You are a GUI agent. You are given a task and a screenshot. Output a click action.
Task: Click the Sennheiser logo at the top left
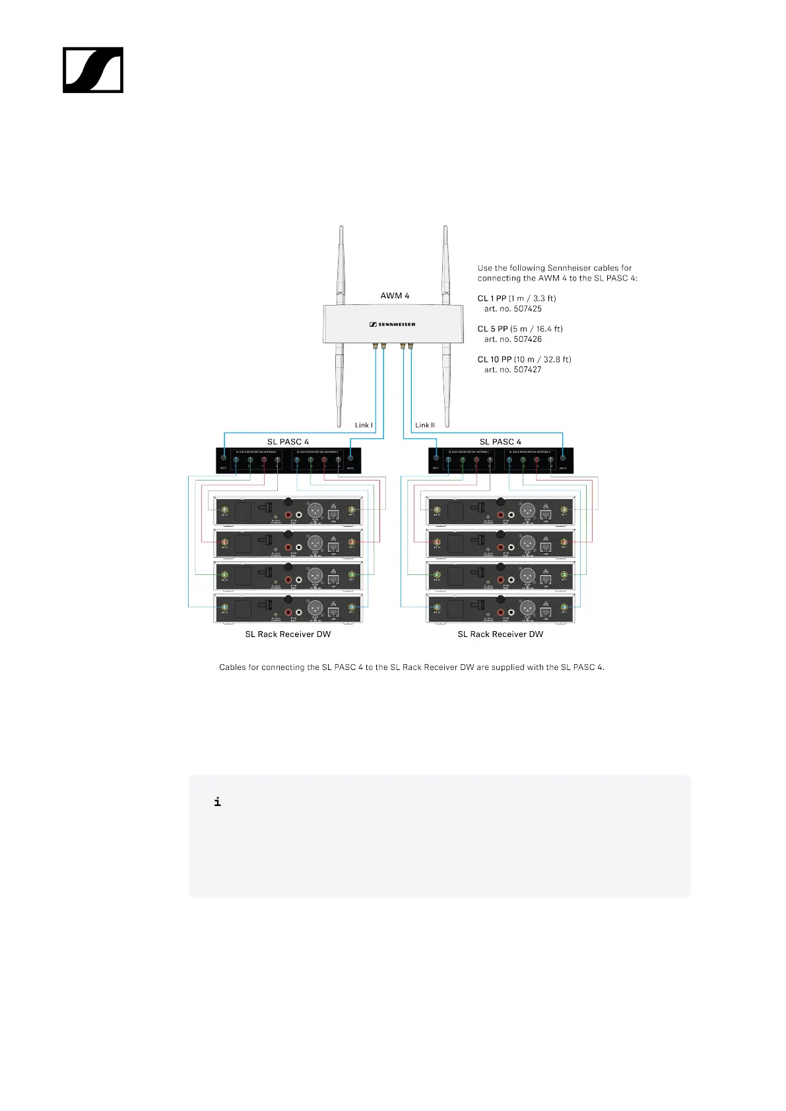(x=93, y=70)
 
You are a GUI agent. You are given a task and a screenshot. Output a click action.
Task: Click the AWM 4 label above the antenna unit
(x=395, y=296)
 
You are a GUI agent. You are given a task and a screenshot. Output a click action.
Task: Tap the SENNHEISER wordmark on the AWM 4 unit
(x=392, y=324)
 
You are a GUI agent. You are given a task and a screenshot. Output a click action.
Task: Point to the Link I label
(x=364, y=425)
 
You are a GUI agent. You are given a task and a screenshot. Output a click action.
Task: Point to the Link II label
(x=425, y=425)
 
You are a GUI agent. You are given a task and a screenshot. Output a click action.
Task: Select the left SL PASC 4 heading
(x=288, y=442)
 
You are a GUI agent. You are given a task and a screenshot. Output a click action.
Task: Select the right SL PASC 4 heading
(x=500, y=442)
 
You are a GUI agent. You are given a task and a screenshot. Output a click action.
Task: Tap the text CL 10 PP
(x=494, y=360)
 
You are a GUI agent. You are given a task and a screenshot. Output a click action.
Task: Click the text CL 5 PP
(x=492, y=329)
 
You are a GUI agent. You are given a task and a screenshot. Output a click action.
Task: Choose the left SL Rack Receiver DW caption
(x=288, y=634)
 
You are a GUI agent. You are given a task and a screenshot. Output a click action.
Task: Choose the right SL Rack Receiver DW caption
(x=500, y=634)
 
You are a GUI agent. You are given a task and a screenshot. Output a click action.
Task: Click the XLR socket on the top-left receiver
(x=315, y=510)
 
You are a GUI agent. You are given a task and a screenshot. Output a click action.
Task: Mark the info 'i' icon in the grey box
(x=218, y=802)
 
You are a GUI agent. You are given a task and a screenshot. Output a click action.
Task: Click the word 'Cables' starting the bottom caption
(x=232, y=667)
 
